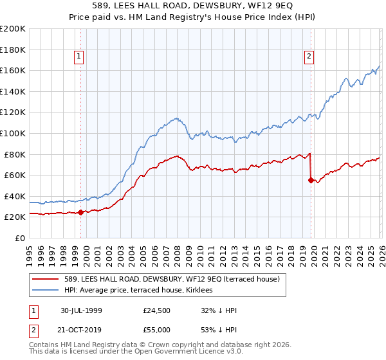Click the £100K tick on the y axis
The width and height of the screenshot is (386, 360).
click(12, 133)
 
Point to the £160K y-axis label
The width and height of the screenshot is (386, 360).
click(12, 70)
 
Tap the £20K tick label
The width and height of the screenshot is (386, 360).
click(14, 217)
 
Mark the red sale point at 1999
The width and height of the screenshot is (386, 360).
click(80, 212)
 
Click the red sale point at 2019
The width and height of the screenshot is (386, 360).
click(311, 180)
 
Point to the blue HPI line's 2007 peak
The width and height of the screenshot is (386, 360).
click(176, 118)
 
